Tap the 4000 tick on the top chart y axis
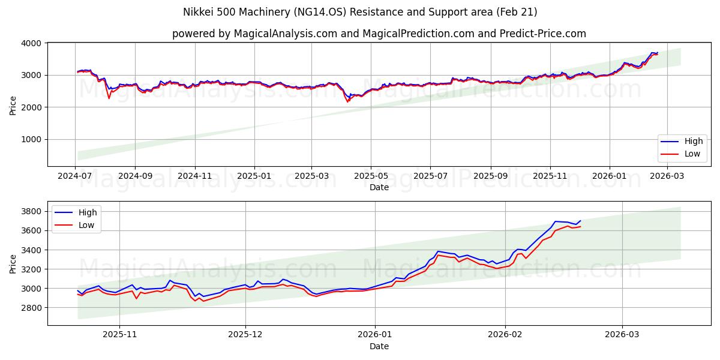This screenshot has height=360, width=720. coord(31,43)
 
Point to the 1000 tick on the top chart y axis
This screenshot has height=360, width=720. coord(31,139)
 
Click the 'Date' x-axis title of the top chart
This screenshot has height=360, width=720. coord(379,187)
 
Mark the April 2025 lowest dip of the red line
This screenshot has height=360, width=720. coord(347,102)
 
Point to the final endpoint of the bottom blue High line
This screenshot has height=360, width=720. coord(580,221)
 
